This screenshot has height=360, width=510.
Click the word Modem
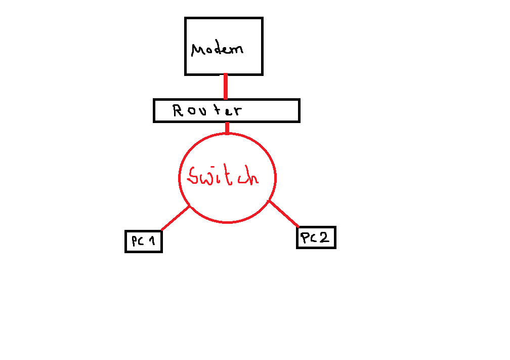218,49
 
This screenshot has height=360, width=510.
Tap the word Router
207,110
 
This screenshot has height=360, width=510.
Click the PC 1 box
143,241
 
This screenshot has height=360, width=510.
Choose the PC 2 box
316,237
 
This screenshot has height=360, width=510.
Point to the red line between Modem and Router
225,87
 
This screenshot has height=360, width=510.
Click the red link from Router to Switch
227,128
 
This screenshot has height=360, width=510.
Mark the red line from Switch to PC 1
175,218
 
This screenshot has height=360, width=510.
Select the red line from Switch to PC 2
283,213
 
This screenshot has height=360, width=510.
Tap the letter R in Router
178,110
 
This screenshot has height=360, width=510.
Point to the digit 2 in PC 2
325,237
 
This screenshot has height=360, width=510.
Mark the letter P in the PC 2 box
305,237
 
